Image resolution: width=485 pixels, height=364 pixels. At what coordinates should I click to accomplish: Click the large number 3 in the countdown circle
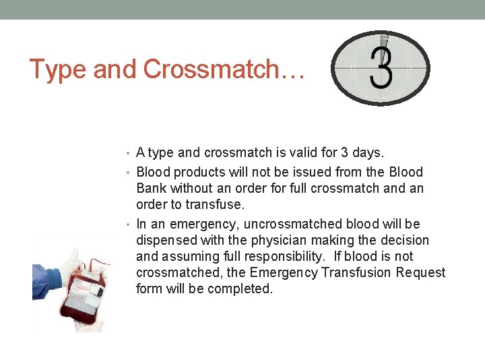tap(381, 67)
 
